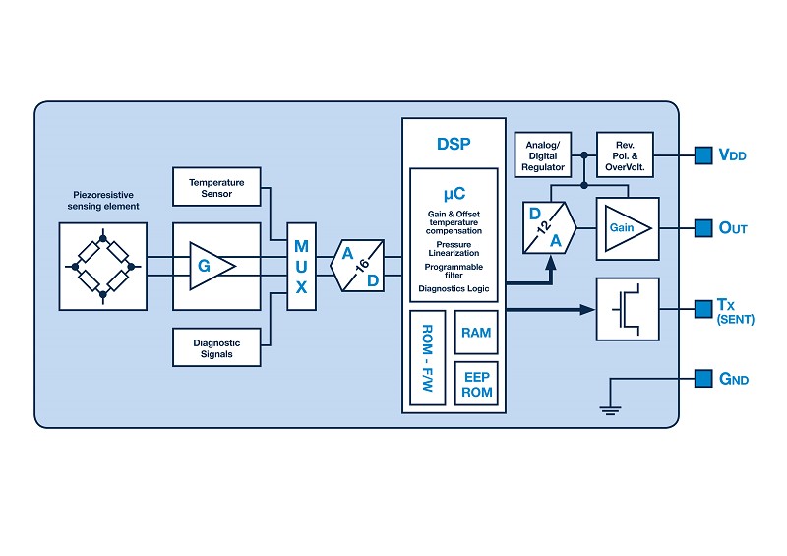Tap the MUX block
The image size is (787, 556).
point(301,266)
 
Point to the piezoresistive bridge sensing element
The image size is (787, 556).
point(102,266)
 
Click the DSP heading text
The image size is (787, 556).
point(454,144)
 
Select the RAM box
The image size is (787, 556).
point(476,333)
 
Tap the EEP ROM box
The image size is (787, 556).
point(476,384)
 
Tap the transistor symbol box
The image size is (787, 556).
point(628,309)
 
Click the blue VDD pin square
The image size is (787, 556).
point(702,154)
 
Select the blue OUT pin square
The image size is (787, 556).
point(702,228)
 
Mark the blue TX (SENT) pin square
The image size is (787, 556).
point(702,309)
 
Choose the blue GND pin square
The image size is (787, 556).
point(702,379)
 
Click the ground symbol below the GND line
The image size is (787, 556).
point(611,408)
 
